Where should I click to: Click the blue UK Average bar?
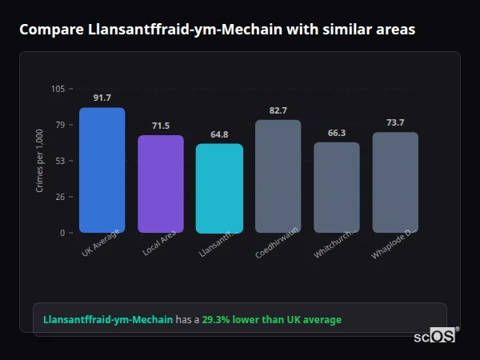click(x=102, y=170)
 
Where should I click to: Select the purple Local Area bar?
click(x=160, y=184)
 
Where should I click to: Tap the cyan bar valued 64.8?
click(x=219, y=188)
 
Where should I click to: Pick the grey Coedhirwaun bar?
click(x=278, y=177)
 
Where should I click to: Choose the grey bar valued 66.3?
click(x=336, y=187)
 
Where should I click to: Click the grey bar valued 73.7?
click(x=395, y=182)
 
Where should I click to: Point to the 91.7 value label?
click(x=102, y=98)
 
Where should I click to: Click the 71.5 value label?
click(x=160, y=126)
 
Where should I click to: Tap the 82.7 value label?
click(x=278, y=110)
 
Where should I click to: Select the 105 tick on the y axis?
click(x=58, y=89)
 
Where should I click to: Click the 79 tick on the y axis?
click(x=60, y=125)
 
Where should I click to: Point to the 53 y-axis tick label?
click(x=60, y=161)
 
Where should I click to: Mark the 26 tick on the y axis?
click(x=60, y=197)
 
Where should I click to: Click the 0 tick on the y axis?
click(x=62, y=233)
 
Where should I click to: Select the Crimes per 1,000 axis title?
click(x=39, y=161)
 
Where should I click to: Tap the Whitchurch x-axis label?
click(x=335, y=242)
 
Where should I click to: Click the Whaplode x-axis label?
click(x=392, y=243)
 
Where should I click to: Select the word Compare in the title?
click(x=51, y=30)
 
